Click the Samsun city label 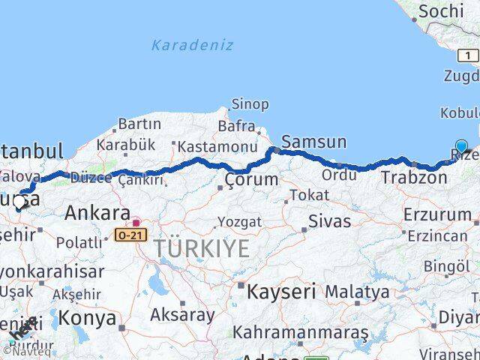(313, 141)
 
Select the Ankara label (97, 213)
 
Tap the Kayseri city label (281, 291)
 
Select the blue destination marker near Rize (461, 147)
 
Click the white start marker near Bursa (19, 201)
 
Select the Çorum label (251, 180)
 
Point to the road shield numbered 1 (468, 55)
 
